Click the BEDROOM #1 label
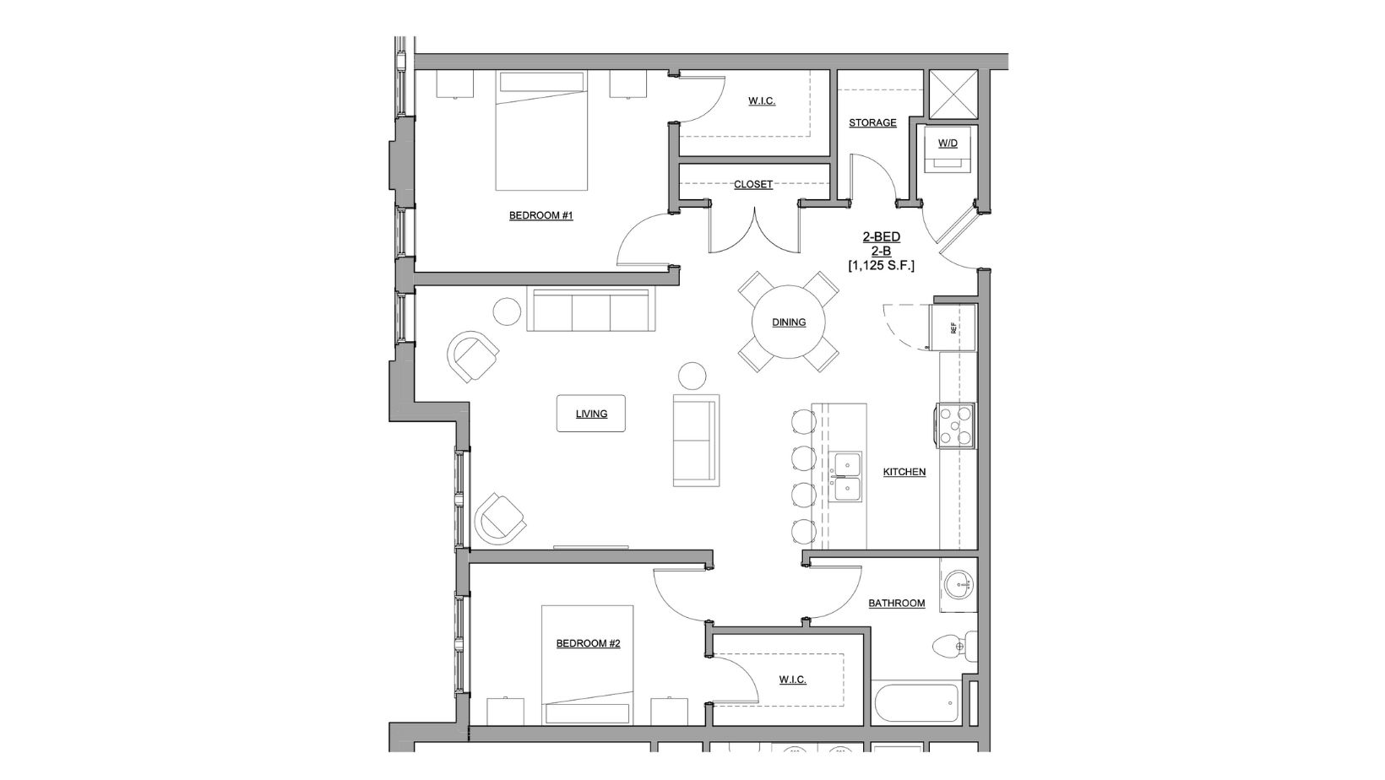click(x=540, y=216)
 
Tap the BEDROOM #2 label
click(x=588, y=644)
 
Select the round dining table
click(x=788, y=322)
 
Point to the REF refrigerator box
click(x=952, y=328)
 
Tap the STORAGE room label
click(x=872, y=123)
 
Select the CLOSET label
click(x=752, y=184)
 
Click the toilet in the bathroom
click(x=954, y=647)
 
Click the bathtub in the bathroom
click(x=916, y=701)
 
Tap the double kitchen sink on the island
click(x=845, y=477)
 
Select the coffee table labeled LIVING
click(x=591, y=414)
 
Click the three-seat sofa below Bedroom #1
click(x=589, y=310)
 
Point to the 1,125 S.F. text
click(x=881, y=265)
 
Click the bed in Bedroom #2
click(x=588, y=667)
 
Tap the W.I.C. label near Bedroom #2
click(x=791, y=680)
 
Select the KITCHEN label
click(x=904, y=472)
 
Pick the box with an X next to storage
click(x=953, y=94)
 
